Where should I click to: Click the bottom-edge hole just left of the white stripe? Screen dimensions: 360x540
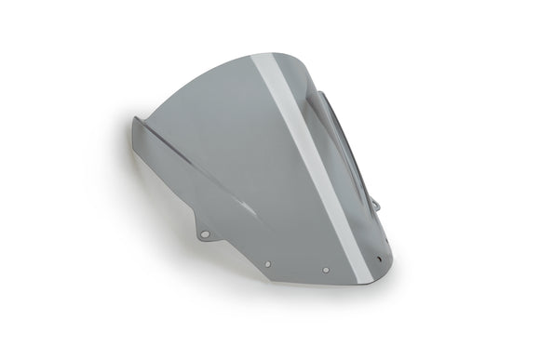click(326, 270)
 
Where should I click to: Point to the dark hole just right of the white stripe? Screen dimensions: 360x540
click(379, 259)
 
